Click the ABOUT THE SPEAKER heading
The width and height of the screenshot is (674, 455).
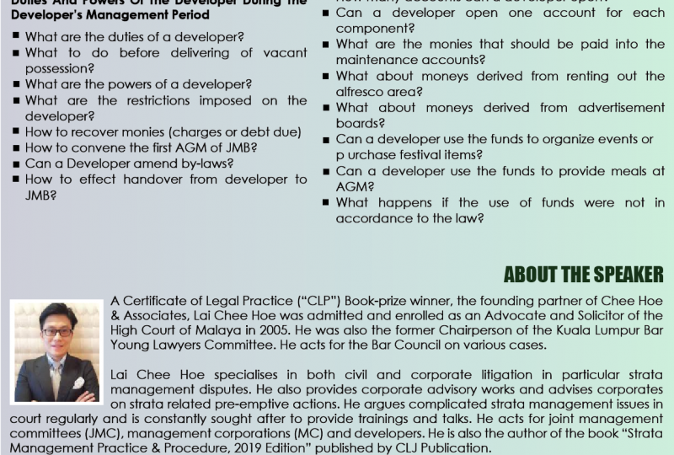[x=583, y=276]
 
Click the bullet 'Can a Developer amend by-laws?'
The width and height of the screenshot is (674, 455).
[x=129, y=163]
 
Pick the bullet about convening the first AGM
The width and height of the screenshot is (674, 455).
[x=141, y=147]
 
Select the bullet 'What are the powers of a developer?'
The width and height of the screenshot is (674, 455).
[x=138, y=84]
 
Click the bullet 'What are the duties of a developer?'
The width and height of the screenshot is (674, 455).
[x=135, y=37]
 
